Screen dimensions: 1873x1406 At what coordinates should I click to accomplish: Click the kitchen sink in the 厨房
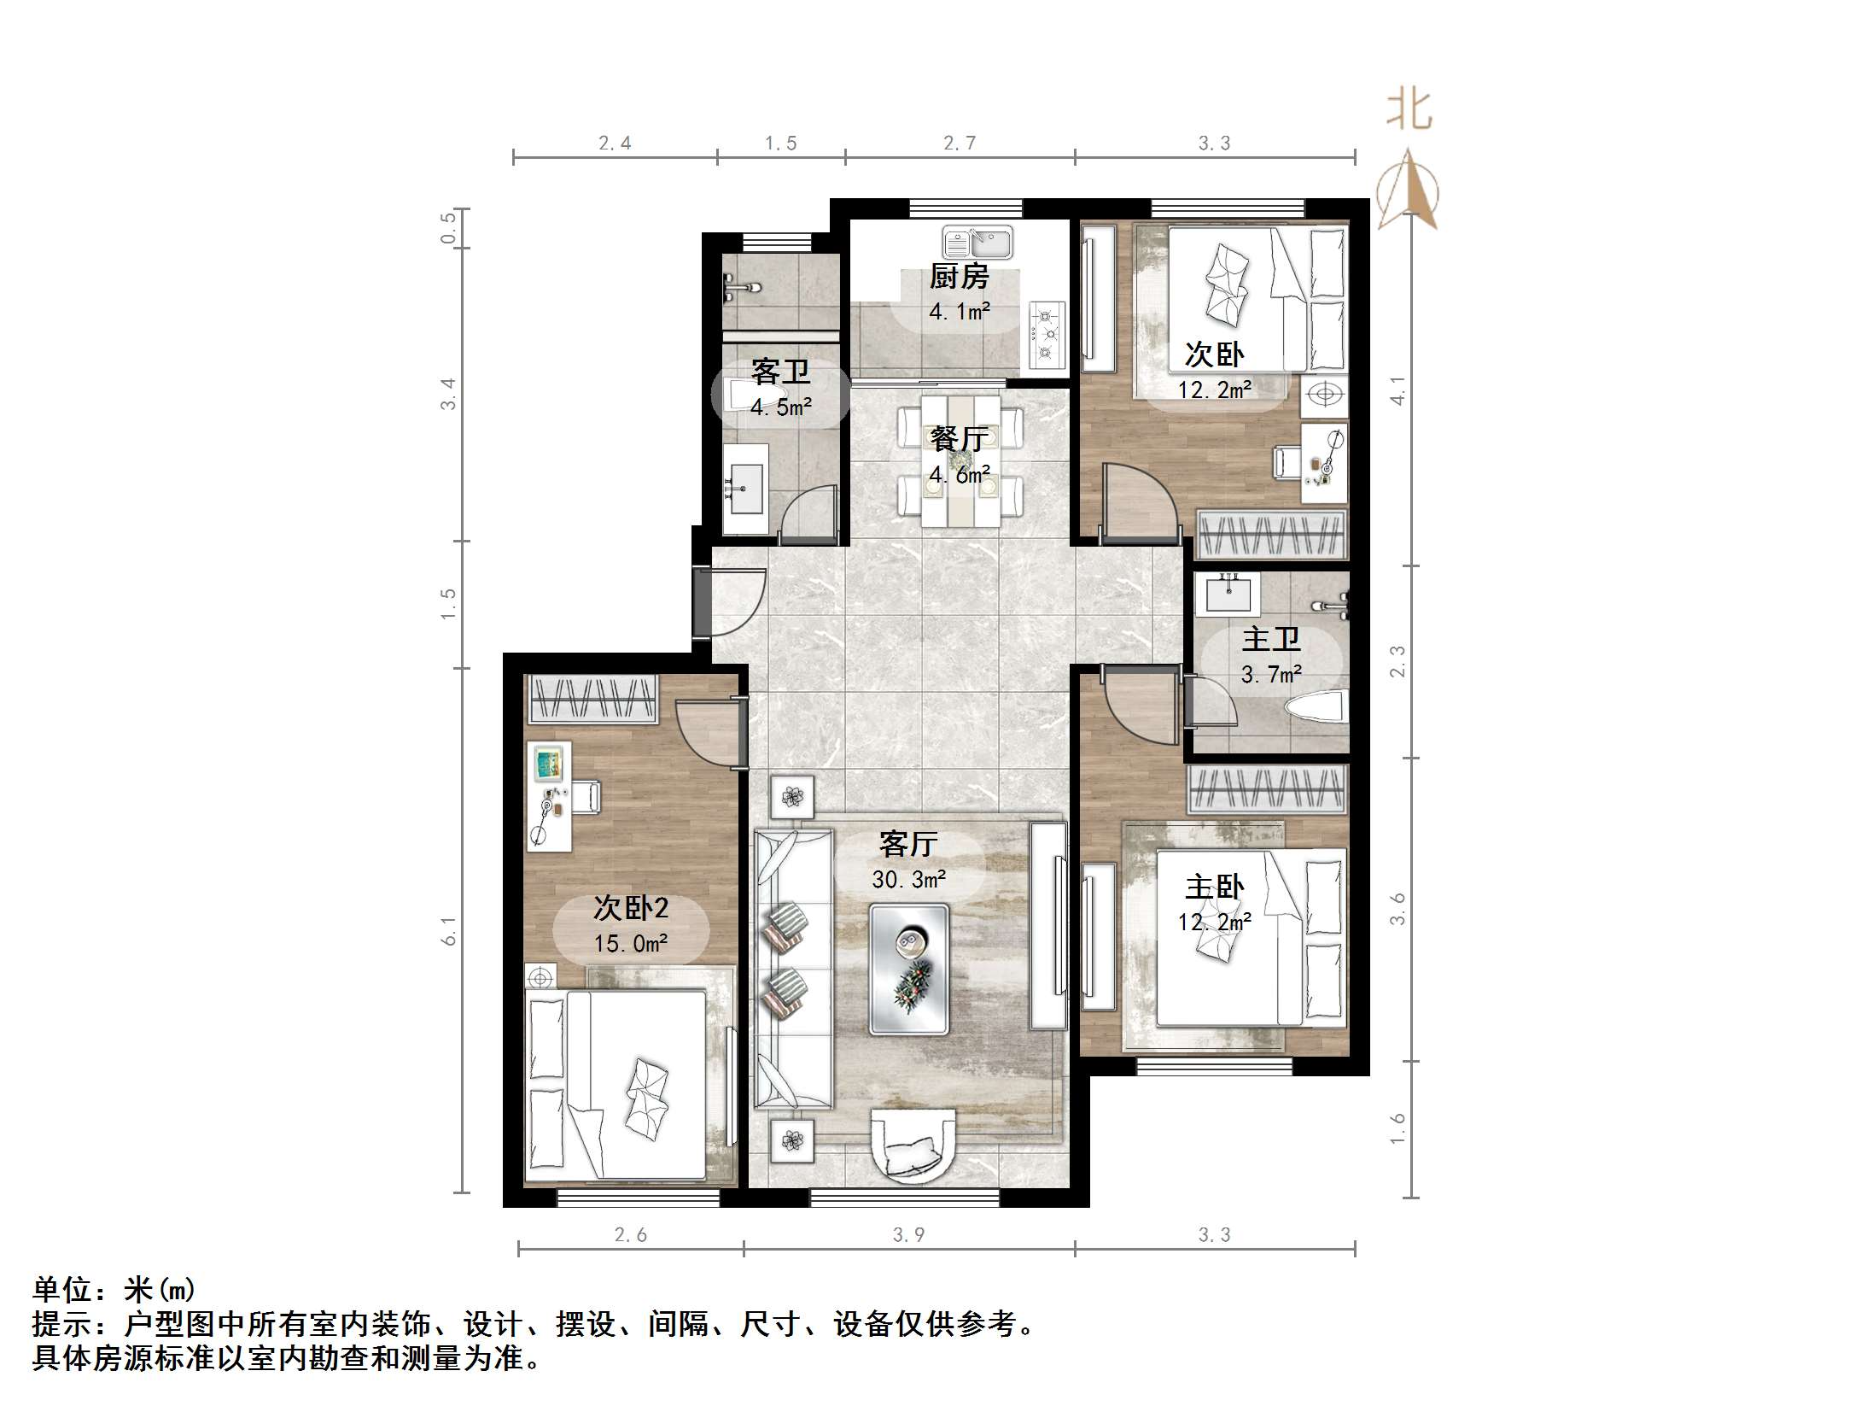[x=977, y=243]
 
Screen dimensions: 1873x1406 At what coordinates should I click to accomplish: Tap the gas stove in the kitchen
[x=1047, y=334]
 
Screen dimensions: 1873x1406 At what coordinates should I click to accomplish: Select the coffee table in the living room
[x=909, y=969]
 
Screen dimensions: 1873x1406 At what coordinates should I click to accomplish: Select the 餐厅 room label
[x=959, y=439]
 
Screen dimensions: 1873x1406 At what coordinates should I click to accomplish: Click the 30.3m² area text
[x=908, y=879]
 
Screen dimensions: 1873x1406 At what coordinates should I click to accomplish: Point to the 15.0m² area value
[x=631, y=943]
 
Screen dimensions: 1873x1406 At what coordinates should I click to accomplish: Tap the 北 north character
[x=1408, y=110]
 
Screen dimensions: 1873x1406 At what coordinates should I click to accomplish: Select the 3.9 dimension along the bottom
[x=908, y=1234]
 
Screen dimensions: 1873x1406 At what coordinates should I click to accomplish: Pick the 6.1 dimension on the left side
[x=449, y=930]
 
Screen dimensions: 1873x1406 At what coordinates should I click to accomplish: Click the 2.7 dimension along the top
[x=960, y=143]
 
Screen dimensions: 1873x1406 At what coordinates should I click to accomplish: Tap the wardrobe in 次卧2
[x=593, y=698]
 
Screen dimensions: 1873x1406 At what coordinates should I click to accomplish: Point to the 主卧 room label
[x=1215, y=888]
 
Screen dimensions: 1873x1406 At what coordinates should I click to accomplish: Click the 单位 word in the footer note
[x=62, y=1289]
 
